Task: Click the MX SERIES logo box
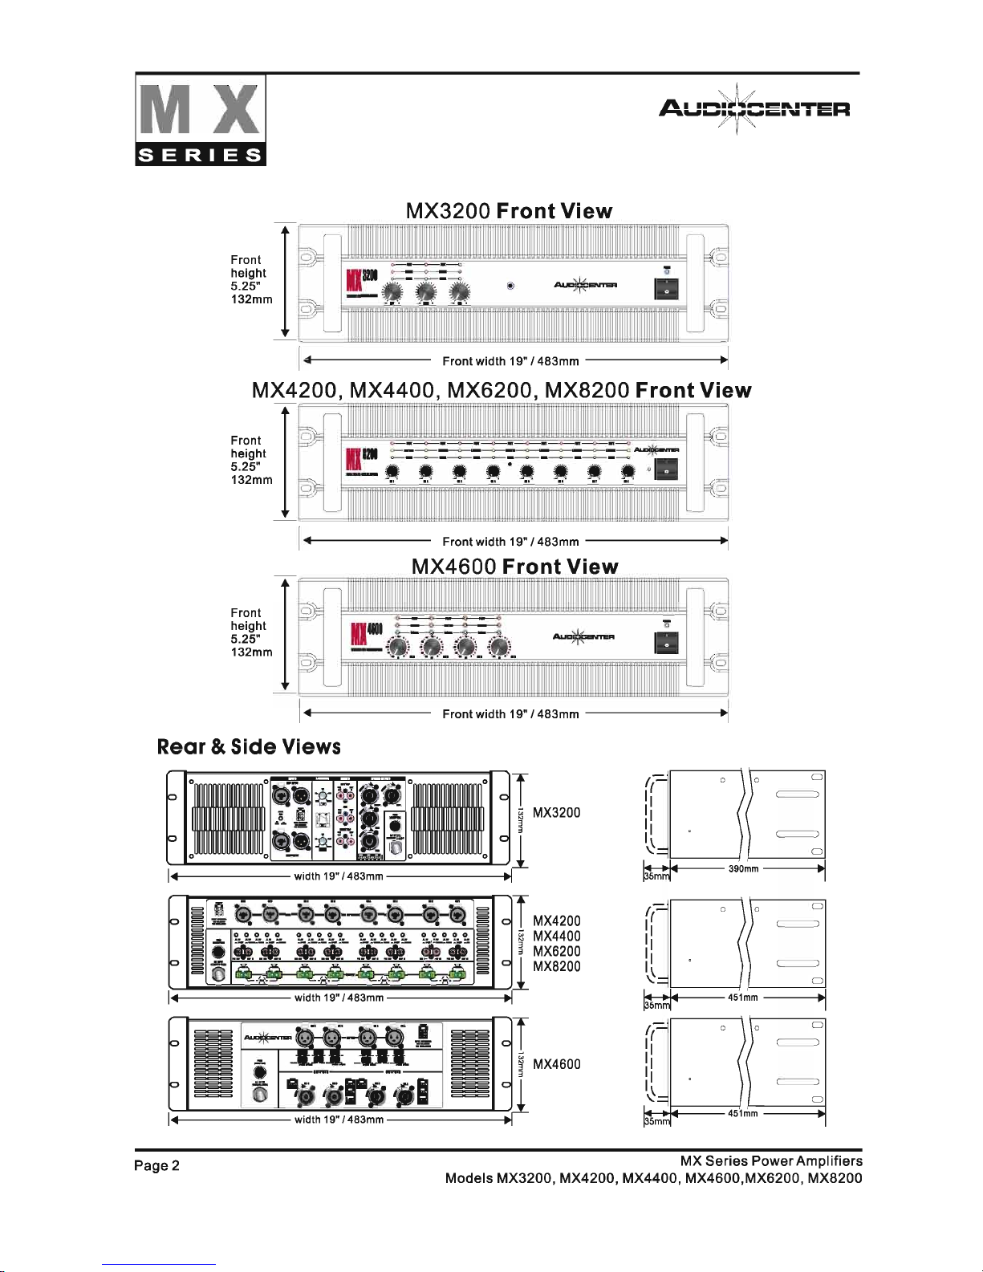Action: [201, 120]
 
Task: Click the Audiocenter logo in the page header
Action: [753, 108]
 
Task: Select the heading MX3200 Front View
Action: [509, 211]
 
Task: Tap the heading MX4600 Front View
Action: [514, 567]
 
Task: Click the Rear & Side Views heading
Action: [249, 747]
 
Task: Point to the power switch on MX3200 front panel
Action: [666, 289]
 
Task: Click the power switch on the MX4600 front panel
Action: [666, 644]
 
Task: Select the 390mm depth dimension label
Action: [743, 869]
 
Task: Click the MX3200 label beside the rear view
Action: [556, 813]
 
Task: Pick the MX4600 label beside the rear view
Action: [556, 1065]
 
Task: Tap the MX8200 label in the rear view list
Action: [556, 967]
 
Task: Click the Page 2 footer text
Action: [157, 1166]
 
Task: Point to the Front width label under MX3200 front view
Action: [510, 362]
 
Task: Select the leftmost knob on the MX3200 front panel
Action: [392, 295]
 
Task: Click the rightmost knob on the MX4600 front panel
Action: [499, 647]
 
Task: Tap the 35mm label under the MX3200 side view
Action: [656, 877]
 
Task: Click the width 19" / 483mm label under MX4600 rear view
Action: [339, 1120]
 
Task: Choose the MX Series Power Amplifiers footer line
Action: [770, 1161]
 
